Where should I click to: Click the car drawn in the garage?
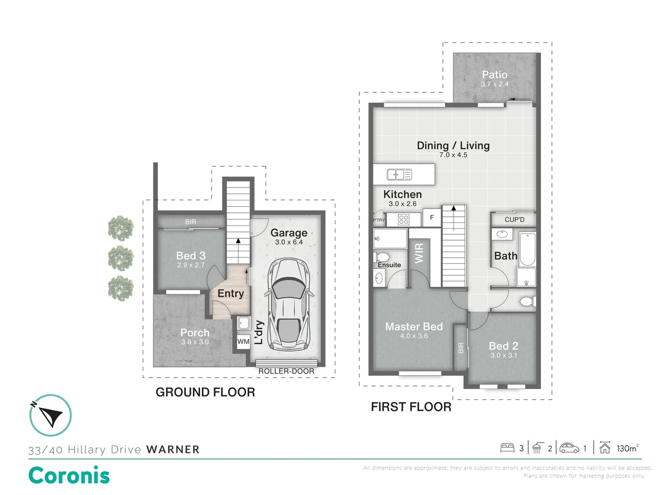[289, 305]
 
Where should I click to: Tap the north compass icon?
[50, 415]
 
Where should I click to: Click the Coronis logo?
[69, 475]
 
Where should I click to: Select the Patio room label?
[494, 75]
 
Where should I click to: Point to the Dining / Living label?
[453, 146]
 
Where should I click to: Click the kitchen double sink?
[399, 174]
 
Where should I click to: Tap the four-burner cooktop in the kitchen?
[403, 220]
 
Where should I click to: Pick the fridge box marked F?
[432, 218]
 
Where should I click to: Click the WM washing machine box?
[243, 341]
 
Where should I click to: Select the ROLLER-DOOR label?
[286, 371]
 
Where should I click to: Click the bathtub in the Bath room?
[527, 249]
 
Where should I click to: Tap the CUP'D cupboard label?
[514, 220]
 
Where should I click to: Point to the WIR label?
[419, 253]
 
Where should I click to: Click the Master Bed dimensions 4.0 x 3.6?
[414, 336]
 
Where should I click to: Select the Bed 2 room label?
[503, 346]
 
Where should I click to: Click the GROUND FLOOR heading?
[205, 392]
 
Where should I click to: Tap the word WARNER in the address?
[173, 450]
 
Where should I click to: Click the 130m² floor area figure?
[627, 448]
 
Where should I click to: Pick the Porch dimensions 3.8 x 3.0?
[194, 342]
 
